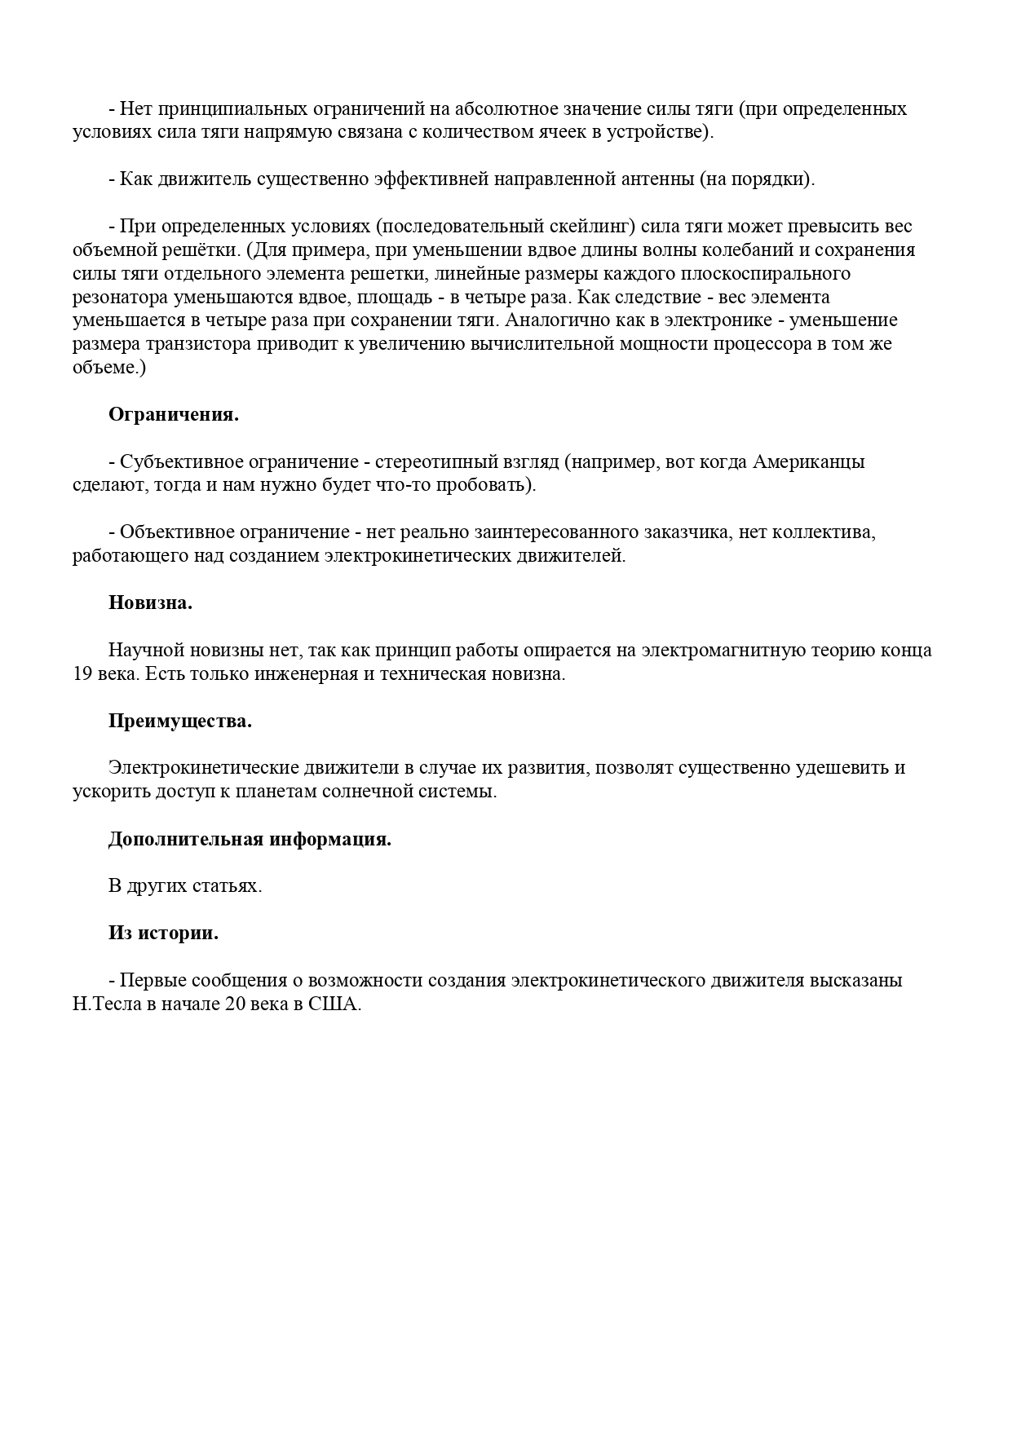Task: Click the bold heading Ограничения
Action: pyautogui.click(x=173, y=414)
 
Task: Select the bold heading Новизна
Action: pyautogui.click(x=150, y=603)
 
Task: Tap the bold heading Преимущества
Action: pyautogui.click(x=179, y=722)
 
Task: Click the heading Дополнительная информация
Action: pyautogui.click(x=250, y=840)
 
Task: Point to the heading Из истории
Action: pyautogui.click(x=163, y=933)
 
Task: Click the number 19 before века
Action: pyautogui.click(x=83, y=675)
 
